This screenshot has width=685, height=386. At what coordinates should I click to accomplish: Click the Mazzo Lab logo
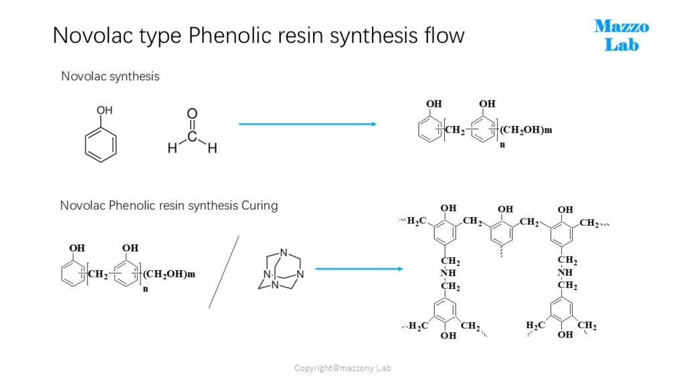621,36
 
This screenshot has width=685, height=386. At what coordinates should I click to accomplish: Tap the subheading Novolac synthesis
110,76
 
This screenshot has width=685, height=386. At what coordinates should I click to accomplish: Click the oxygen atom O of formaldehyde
192,114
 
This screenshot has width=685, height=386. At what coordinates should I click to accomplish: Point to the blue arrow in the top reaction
308,124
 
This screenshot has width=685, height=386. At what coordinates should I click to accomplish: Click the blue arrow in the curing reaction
359,269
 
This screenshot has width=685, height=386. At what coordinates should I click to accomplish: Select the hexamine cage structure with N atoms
280,269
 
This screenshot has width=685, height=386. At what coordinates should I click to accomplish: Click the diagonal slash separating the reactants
223,272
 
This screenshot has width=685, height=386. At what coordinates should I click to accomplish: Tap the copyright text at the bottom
342,368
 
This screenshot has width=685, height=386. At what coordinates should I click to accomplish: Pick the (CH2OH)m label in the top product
526,130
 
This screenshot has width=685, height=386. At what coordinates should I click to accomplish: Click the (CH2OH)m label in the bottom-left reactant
169,274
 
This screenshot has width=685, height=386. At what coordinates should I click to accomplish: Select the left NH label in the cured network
448,273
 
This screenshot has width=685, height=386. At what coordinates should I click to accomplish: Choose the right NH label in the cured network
565,272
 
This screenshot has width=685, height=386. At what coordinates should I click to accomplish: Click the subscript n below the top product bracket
502,145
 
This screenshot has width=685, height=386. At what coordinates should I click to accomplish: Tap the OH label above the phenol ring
104,111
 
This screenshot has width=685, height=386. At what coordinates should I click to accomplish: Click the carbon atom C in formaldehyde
192,137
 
